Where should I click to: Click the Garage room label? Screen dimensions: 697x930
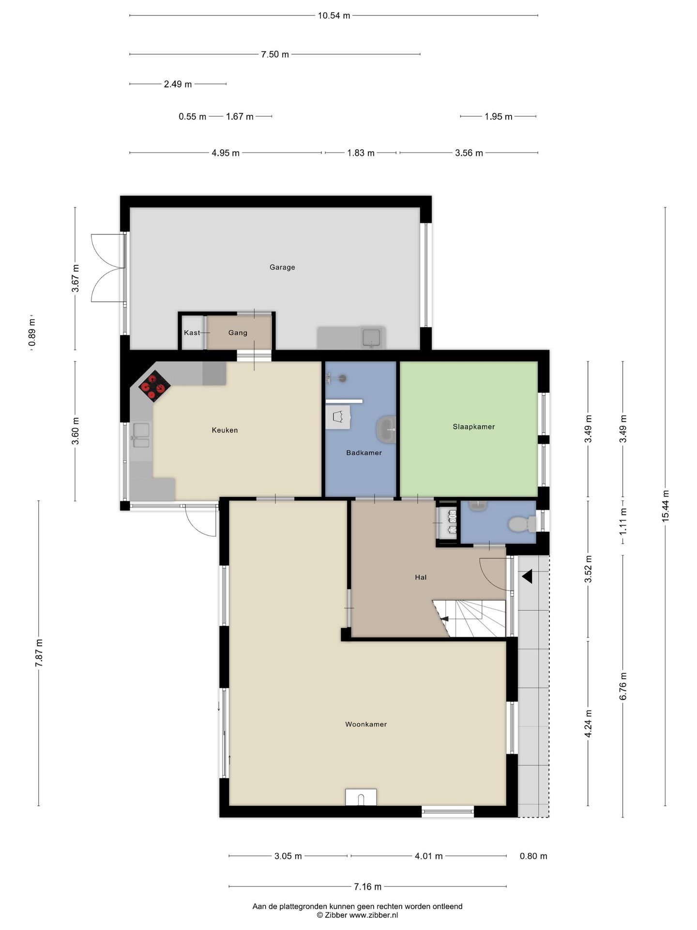282,267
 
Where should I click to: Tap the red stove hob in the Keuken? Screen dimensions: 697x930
154,387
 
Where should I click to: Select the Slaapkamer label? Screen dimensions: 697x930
474,427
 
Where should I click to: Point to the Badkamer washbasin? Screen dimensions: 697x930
386,430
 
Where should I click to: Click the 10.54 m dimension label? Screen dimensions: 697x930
334,15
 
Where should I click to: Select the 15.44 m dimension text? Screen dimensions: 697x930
666,506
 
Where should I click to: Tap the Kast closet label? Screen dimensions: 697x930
192,333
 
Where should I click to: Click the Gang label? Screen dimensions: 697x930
238,333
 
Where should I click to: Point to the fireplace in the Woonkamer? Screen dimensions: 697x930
361,797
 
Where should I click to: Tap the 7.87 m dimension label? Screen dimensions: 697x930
39,653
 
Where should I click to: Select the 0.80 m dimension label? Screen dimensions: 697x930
533,856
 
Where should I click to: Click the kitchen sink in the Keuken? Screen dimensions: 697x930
141,435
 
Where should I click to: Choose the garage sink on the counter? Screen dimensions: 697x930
372,338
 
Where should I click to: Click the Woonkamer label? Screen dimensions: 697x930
366,724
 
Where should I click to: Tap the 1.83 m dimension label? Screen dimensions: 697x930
361,153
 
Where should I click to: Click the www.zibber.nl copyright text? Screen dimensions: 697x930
357,915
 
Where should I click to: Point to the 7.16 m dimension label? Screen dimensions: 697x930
367,887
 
